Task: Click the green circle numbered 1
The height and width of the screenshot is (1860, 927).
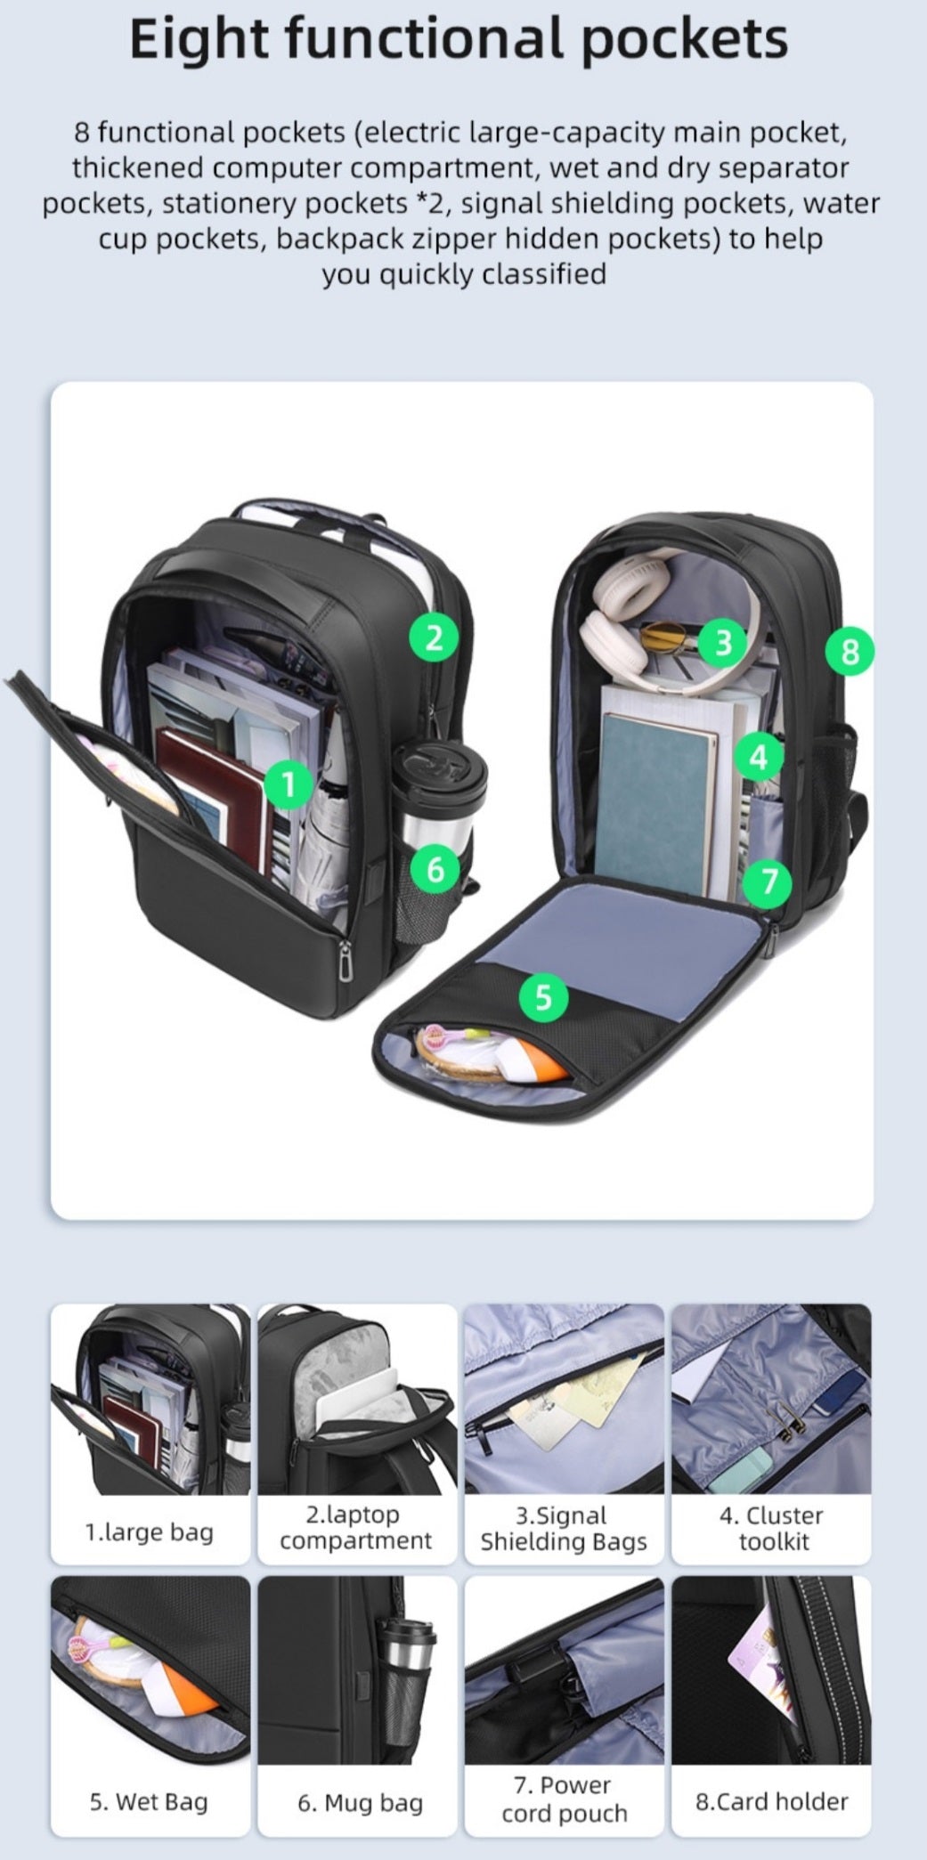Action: coord(288,784)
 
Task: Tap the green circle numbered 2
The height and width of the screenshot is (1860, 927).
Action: coord(434,638)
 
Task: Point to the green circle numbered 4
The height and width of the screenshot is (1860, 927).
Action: coord(759,758)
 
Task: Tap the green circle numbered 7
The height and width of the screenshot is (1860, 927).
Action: coord(770,882)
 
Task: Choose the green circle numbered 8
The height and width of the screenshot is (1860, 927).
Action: coord(850,652)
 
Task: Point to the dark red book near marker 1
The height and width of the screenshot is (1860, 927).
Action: coord(214,797)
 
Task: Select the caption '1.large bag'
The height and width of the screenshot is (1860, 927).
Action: coord(149,1531)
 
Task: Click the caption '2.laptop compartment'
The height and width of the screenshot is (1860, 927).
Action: coord(356,1527)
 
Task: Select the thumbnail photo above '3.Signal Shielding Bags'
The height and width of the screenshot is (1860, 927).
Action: coord(564,1399)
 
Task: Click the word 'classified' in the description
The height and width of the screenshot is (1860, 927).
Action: coord(543,273)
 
